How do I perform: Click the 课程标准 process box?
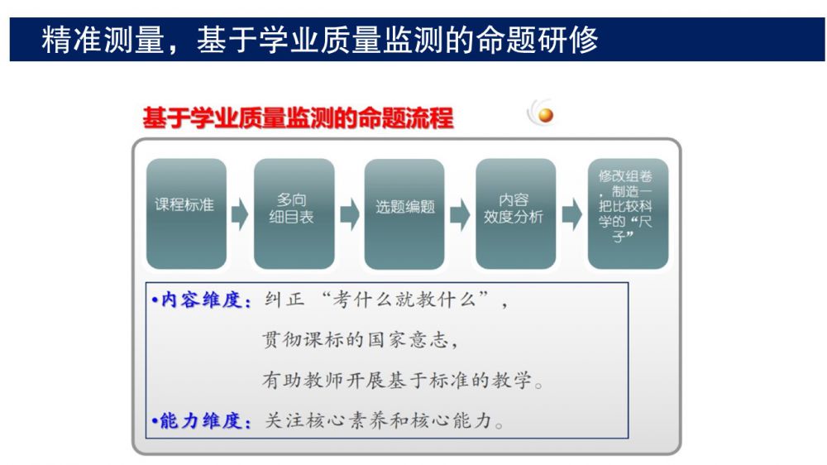(x=186, y=213)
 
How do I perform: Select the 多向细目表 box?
(x=294, y=213)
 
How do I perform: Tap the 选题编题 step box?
(x=404, y=213)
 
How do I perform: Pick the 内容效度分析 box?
(x=515, y=213)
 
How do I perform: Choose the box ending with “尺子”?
(x=628, y=213)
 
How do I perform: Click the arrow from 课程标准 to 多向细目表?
(x=240, y=214)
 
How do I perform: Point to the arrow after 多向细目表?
(x=349, y=214)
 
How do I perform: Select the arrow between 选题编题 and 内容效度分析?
(x=460, y=214)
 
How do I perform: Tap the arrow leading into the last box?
(x=571, y=214)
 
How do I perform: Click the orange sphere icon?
(x=546, y=115)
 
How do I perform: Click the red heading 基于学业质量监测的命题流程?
(x=298, y=117)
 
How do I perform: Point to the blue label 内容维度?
(x=201, y=300)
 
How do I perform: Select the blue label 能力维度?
(x=201, y=420)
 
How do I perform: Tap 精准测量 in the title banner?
(x=103, y=40)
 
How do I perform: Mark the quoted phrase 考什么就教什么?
(x=404, y=300)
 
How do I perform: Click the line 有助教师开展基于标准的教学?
(x=403, y=380)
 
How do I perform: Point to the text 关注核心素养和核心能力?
(x=384, y=420)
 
